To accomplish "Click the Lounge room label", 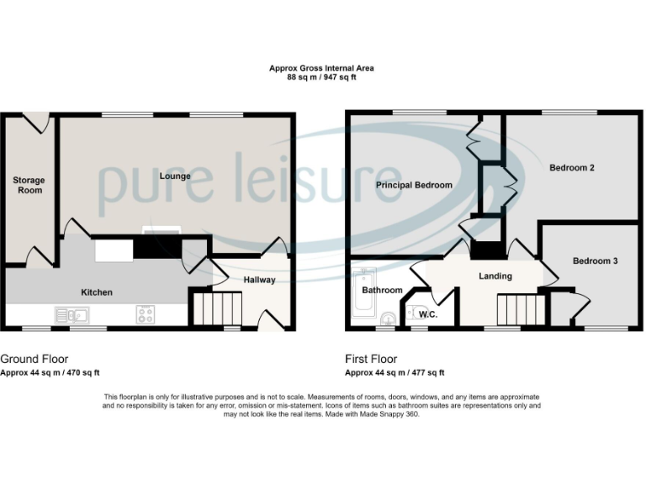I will coord(174,176).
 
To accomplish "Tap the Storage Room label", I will coord(29,185).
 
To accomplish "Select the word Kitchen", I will coord(97,292).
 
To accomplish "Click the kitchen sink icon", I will coord(72,316).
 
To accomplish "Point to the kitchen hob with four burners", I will coord(145,316).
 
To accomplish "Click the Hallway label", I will coord(259,280).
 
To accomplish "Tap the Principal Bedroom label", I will coord(414,185).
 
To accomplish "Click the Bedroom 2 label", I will coord(572,168).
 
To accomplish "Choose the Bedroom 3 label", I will coord(596,261).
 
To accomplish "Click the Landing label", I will coord(495,276).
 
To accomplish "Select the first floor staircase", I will coord(516,310).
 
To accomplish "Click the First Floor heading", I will coord(371,359).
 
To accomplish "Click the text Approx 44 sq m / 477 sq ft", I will coord(394,373).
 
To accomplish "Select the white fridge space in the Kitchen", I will coord(113,250).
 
